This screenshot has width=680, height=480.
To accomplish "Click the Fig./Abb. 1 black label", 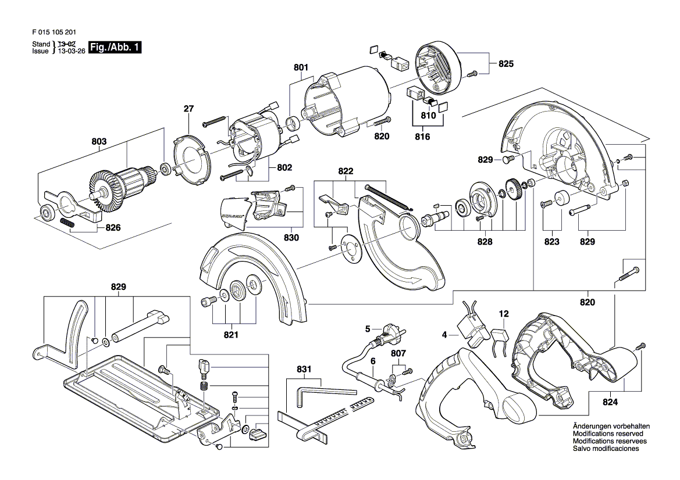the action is pyautogui.click(x=115, y=47).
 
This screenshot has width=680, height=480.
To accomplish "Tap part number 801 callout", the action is pyautogui.click(x=301, y=67).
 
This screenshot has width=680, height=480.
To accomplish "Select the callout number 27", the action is pyautogui.click(x=188, y=109).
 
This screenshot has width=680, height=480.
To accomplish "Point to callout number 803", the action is pyautogui.click(x=99, y=142).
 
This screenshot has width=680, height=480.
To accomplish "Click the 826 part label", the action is pyautogui.click(x=113, y=228).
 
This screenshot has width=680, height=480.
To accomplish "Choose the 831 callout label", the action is pyautogui.click(x=304, y=370).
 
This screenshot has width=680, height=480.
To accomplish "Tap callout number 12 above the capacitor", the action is pyautogui.click(x=504, y=314).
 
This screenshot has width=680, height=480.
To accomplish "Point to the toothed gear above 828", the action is pyautogui.click(x=512, y=190).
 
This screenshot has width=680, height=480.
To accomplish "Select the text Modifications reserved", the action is pyautogui.click(x=608, y=434).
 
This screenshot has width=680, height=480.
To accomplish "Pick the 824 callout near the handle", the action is pyautogui.click(x=610, y=402).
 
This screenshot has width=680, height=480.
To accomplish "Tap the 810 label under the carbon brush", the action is pyautogui.click(x=429, y=116).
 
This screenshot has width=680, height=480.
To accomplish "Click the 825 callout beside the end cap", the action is pyautogui.click(x=505, y=64).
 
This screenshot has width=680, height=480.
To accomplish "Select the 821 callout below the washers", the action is pyautogui.click(x=231, y=335).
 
